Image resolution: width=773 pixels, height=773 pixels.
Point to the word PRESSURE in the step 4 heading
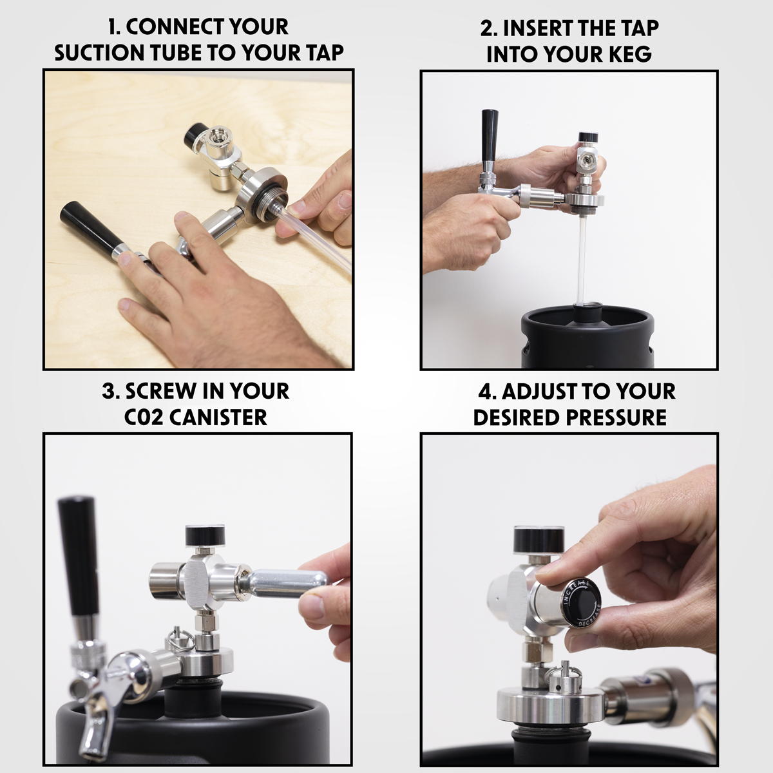click(616, 417)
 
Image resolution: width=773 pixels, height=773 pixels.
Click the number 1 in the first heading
click(113, 27)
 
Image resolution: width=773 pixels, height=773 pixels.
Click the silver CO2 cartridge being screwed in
click(283, 582)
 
